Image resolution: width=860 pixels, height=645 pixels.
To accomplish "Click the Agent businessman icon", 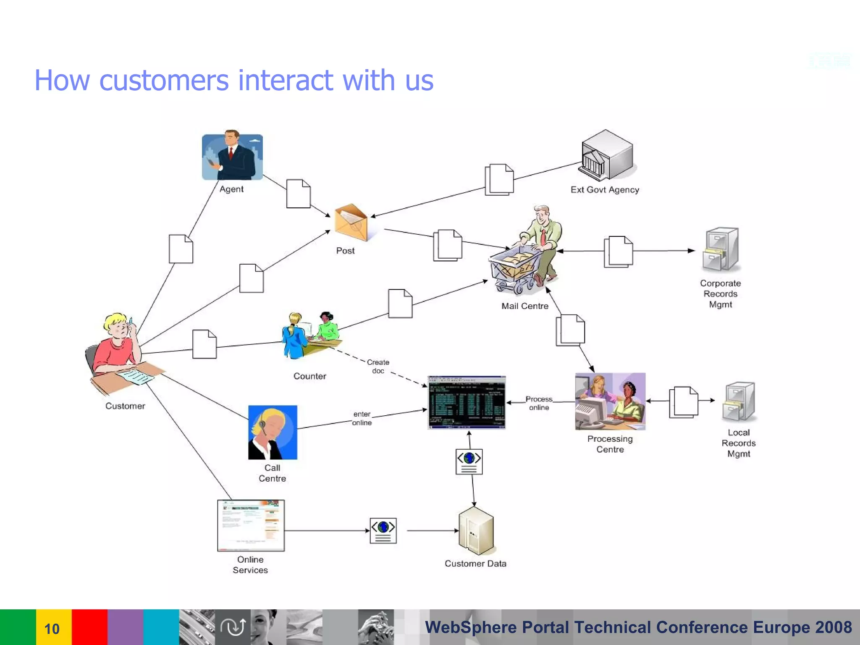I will [x=232, y=156].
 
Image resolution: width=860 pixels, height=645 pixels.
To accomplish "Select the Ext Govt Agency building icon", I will [x=606, y=155].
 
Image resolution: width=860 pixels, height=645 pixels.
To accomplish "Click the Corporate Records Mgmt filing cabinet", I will [x=720, y=249].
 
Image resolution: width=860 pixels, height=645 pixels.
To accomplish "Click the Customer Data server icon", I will [x=476, y=531].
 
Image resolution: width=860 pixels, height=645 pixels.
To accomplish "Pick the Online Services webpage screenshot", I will [x=251, y=525].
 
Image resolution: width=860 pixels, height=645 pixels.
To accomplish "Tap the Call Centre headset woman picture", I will [x=273, y=432].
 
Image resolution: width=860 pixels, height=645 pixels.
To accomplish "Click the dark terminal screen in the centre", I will [x=467, y=402].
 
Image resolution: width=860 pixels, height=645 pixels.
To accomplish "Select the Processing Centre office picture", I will [x=610, y=401].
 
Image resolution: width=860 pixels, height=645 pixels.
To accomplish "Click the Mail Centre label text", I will [x=524, y=306].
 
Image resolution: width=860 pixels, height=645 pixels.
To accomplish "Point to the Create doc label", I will [x=378, y=366].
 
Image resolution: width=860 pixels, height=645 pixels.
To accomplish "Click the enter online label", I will [x=362, y=418].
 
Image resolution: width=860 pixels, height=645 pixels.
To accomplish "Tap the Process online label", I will [x=539, y=403].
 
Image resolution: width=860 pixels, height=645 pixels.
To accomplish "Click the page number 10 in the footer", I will [x=52, y=629].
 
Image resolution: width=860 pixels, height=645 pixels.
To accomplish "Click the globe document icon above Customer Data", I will [x=469, y=461].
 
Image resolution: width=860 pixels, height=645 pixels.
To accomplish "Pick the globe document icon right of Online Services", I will [x=383, y=531].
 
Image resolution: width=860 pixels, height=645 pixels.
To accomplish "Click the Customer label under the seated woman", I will [x=125, y=406].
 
